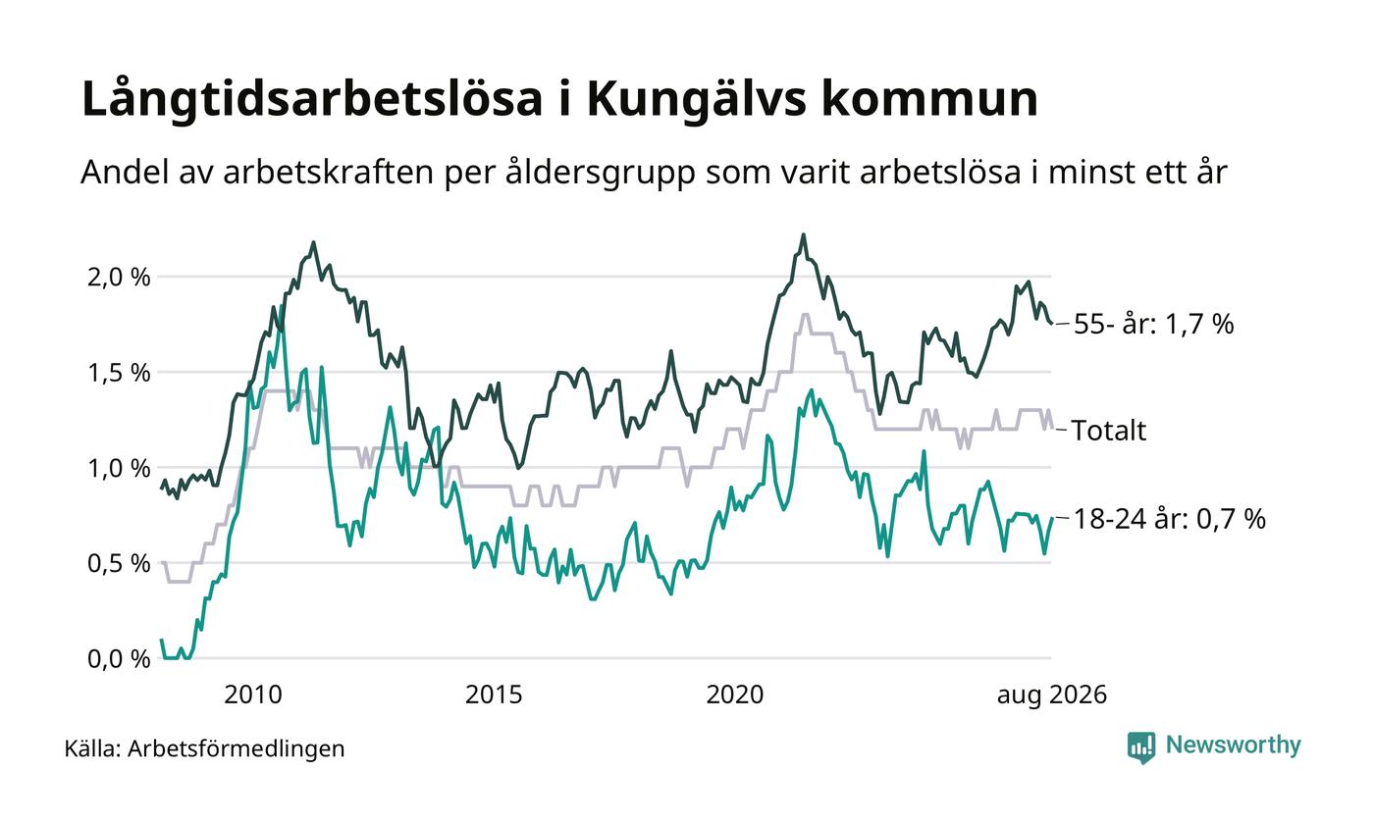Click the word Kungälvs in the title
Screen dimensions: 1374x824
[696, 100]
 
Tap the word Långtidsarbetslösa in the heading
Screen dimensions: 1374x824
[312, 98]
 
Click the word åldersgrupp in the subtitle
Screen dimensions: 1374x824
[601, 173]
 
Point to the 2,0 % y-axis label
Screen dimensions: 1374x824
[119, 277]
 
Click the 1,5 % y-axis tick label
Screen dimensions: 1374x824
[119, 372]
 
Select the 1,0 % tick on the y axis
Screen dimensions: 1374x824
[119, 468]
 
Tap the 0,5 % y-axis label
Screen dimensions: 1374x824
[119, 563]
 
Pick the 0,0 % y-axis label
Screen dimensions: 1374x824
[119, 659]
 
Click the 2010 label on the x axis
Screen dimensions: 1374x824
[253, 695]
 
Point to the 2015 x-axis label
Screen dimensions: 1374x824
[494, 695]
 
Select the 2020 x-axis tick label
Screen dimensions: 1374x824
[735, 695]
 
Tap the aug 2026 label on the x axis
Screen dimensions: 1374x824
[1052, 695]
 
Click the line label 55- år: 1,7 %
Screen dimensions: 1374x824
[1154, 324]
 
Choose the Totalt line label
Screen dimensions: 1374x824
[1108, 431]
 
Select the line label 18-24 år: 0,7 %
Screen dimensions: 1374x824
[1170, 519]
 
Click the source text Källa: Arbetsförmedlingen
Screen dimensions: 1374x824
[204, 748]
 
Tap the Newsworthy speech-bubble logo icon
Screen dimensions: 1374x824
[1140, 747]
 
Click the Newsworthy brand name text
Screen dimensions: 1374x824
[1233, 745]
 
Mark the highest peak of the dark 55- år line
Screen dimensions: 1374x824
[803, 234]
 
